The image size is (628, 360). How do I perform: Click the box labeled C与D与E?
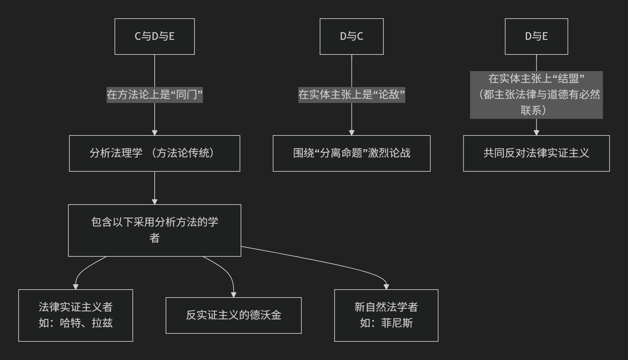[154, 37]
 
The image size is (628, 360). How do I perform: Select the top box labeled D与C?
[352, 37]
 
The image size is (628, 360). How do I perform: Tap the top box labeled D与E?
[536, 37]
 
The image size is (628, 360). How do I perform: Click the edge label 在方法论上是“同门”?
[154, 95]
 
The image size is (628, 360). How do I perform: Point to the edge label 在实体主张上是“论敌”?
[352, 95]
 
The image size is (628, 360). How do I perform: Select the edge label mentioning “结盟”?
[536, 95]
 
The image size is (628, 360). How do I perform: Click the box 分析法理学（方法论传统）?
[154, 153]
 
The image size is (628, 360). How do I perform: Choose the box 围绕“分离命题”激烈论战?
[352, 153]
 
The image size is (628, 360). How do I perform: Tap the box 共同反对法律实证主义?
[536, 153]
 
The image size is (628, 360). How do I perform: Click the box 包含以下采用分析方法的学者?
[154, 230]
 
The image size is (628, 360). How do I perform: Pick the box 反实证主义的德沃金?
[233, 315]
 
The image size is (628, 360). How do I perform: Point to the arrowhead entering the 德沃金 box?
[233, 295]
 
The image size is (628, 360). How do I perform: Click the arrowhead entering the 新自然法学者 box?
[386, 287]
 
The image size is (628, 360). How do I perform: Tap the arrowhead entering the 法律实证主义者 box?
[76, 287]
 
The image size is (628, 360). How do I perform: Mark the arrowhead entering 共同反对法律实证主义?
[536, 133]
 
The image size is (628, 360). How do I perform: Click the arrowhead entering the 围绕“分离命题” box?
[352, 133]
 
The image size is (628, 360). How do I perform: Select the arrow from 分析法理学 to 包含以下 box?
[154, 188]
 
